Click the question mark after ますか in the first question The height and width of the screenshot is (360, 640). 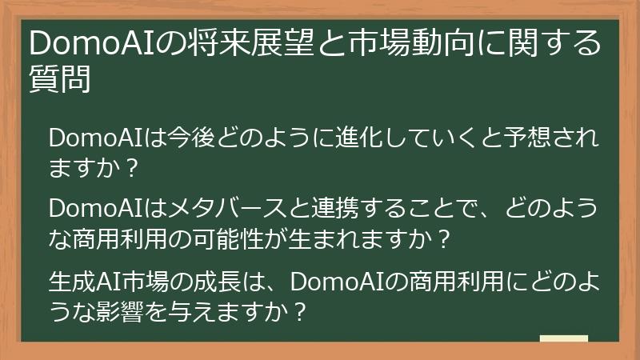pyautogui.click(x=133, y=169)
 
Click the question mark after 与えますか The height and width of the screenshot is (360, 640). pyautogui.click(x=298, y=310)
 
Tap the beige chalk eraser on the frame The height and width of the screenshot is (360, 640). pyautogui.click(x=563, y=340)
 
